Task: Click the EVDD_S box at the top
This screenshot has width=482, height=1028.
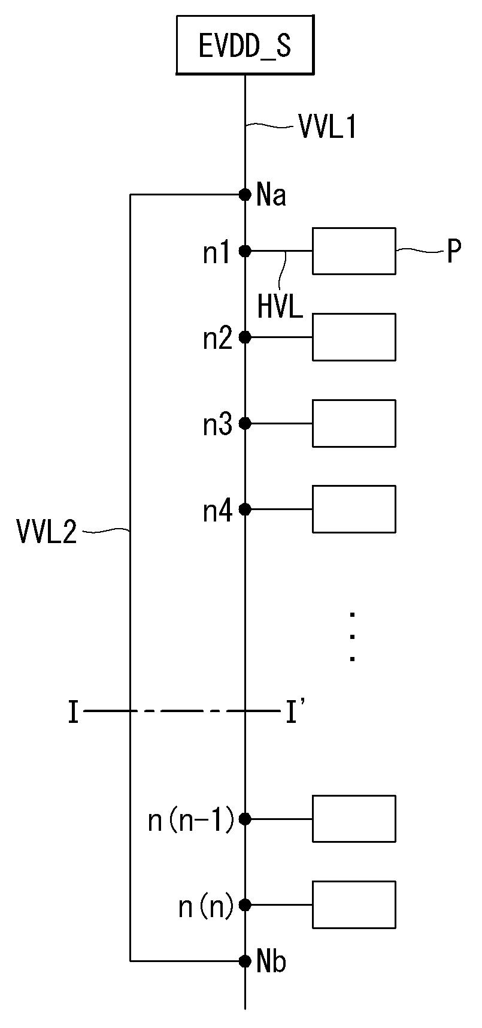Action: [x=245, y=46]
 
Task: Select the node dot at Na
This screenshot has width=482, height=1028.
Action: [x=245, y=194]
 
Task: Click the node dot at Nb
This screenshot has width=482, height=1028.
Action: [x=245, y=961]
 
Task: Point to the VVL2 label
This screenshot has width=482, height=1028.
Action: [x=47, y=531]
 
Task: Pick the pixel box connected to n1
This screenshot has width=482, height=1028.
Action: [x=354, y=251]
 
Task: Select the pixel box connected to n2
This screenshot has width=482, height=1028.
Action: [x=354, y=337]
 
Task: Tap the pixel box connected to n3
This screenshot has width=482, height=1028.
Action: [x=354, y=423]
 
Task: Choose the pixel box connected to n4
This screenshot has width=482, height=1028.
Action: [x=354, y=509]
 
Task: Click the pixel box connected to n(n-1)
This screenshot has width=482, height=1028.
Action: [x=354, y=819]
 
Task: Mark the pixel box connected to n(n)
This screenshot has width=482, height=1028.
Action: [x=354, y=905]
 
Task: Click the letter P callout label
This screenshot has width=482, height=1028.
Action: [x=454, y=253]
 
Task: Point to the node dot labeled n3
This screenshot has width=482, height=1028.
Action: [x=245, y=423]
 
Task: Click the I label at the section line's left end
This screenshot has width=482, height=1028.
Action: [x=73, y=713]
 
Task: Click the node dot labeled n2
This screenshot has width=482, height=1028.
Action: [x=245, y=337]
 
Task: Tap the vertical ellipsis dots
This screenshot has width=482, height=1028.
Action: [x=353, y=637]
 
